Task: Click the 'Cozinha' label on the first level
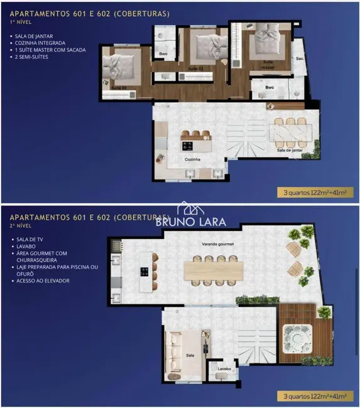[x=192, y=160]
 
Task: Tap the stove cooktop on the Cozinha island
[x=187, y=146]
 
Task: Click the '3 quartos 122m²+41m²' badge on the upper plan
[x=312, y=193]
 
